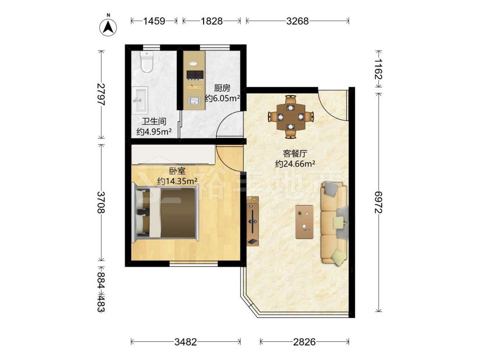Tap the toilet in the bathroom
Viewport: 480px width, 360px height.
click(146, 61)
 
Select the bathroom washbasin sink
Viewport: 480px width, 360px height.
click(140, 100)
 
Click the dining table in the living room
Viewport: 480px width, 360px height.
click(290, 117)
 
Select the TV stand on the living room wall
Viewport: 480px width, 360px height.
click(253, 221)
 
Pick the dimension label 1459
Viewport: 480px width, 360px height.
click(154, 21)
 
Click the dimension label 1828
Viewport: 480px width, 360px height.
click(212, 21)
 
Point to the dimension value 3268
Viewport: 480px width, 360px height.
click(297, 21)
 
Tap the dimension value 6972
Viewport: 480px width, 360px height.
click(379, 203)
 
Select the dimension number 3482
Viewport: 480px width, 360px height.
click(185, 342)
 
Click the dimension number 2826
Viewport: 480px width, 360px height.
click(304, 342)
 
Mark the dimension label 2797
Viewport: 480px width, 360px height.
click(101, 94)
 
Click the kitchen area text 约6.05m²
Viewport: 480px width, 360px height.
click(222, 98)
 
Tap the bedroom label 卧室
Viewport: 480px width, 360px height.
click(177, 171)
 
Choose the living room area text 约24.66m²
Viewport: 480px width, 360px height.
click(295, 164)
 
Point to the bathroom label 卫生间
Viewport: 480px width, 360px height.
click(154, 121)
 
